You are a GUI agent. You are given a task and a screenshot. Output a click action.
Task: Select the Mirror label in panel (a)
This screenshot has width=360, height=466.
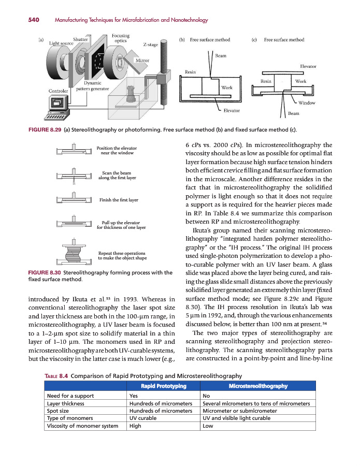[x=142, y=61]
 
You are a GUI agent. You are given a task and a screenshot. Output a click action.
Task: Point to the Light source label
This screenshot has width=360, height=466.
[x=61, y=43]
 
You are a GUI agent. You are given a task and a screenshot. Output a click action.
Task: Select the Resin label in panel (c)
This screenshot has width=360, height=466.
[x=266, y=81]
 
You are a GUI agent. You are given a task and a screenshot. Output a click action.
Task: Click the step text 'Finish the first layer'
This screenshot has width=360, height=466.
[x=118, y=199]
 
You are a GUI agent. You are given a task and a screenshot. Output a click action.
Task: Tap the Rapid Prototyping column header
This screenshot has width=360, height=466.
[x=163, y=386]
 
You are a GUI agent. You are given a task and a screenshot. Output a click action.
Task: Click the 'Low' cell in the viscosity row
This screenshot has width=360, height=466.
[x=208, y=426]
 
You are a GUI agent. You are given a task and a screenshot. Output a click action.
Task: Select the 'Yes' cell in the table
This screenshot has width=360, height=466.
[x=134, y=396]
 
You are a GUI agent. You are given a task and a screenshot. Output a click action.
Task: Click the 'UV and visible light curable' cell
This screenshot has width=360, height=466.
[x=236, y=418]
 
